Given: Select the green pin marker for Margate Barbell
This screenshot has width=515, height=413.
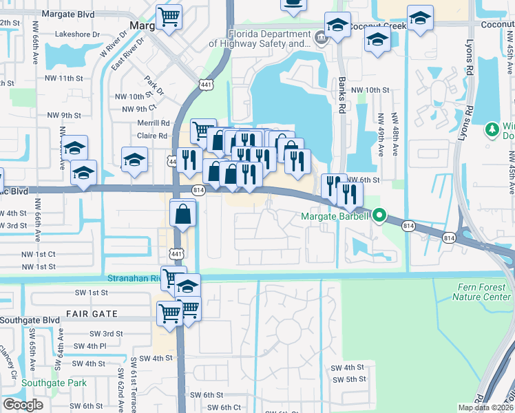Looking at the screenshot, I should coord(381,217).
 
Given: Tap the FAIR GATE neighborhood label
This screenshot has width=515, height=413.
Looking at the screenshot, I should coord(92,314).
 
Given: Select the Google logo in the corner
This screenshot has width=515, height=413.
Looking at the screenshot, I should coord(23,404).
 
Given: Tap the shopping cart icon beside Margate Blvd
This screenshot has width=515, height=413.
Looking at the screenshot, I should coord(169,16).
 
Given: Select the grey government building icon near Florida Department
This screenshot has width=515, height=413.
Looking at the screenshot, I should coord(321,36).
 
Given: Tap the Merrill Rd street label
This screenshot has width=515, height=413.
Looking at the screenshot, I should coord(152,123).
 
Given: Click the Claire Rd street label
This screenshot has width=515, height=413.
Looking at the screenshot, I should coord(152,136).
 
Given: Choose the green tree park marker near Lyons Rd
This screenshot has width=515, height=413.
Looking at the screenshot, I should coord(492,129).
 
